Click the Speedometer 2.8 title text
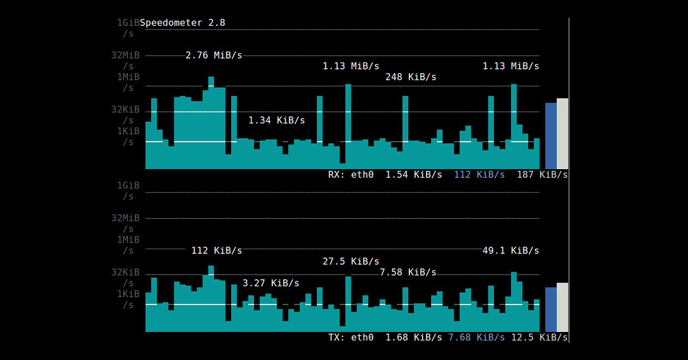pyautogui.click(x=182, y=23)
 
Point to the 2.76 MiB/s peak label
pyautogui.click(x=213, y=56)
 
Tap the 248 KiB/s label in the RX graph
pyautogui.click(x=411, y=77)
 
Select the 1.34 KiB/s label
pyautogui.click(x=276, y=120)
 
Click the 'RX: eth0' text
pyautogui.click(x=350, y=174)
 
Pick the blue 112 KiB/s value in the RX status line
pyautogui.click(x=479, y=174)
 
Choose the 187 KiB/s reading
pyautogui.click(x=542, y=174)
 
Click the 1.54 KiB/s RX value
pyautogui.click(x=413, y=174)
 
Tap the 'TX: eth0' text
pyautogui.click(x=350, y=337)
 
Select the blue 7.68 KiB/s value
pyautogui.click(x=476, y=337)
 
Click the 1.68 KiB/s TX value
pyautogui.click(x=413, y=337)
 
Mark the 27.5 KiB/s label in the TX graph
pyautogui.click(x=350, y=261)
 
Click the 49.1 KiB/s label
pyautogui.click(x=510, y=251)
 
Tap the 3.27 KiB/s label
pyautogui.click(x=271, y=283)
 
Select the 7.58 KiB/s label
pyautogui.click(x=408, y=272)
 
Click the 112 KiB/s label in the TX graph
pyautogui.click(x=216, y=251)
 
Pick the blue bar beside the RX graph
pyautogui.click(x=550, y=136)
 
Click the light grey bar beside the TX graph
pyautogui.click(x=562, y=307)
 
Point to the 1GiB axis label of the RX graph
pyautogui.click(x=128, y=23)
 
